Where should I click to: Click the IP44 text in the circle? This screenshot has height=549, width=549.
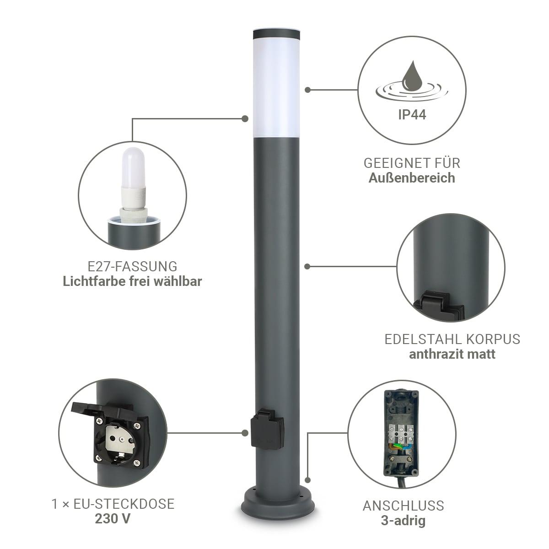[x=412, y=115]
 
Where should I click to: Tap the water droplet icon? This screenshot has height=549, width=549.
[x=412, y=76]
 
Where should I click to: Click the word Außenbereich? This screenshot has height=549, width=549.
[x=412, y=178]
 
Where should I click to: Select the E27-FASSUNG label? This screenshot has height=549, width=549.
[x=132, y=267]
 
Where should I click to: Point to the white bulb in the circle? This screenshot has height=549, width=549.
[x=133, y=177]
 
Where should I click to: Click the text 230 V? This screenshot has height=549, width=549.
[x=113, y=518]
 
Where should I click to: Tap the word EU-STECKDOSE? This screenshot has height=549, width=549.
[x=124, y=504]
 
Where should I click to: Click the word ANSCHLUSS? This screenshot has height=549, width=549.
[x=404, y=506]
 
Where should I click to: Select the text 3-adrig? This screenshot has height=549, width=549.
[x=403, y=521]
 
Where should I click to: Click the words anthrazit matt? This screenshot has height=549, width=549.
[x=452, y=354]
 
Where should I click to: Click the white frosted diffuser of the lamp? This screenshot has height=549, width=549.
[x=276, y=89]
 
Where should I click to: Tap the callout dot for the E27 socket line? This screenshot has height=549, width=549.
[x=244, y=119]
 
